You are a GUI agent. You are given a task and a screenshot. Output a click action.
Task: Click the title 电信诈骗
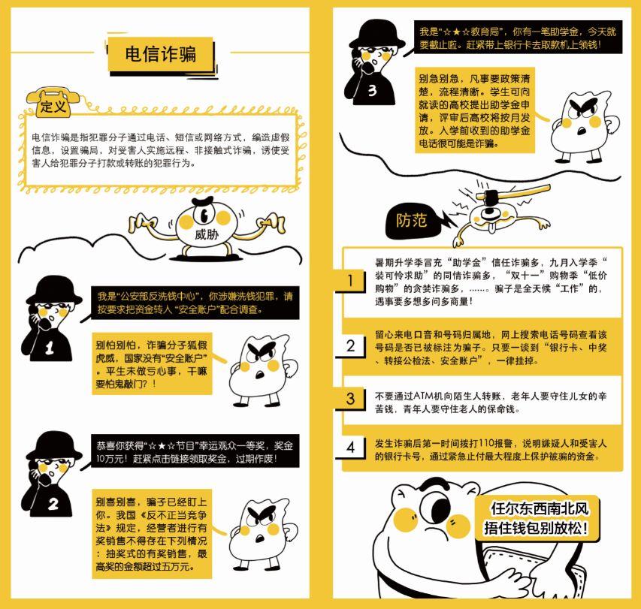tap(161, 54)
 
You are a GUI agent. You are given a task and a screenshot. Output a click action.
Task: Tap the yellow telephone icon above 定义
tap(53, 102)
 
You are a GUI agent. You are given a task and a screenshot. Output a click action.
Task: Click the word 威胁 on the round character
tap(207, 234)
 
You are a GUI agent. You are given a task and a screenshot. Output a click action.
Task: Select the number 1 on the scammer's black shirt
tap(50, 348)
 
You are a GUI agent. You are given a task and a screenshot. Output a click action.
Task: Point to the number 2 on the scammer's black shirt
tap(53, 504)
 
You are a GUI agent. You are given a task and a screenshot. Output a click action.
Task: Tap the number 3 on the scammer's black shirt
tap(372, 90)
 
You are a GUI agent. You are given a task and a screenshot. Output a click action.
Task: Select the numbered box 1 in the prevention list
tap(350, 281)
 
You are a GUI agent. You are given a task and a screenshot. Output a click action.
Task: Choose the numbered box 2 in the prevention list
tap(350, 346)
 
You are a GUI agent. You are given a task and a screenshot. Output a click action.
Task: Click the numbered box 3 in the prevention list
tap(350, 398)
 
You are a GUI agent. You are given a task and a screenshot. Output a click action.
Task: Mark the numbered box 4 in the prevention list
tap(350, 447)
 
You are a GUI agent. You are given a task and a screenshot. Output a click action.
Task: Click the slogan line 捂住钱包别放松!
tap(536, 528)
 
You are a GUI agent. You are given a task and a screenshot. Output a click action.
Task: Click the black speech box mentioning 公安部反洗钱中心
tap(195, 303)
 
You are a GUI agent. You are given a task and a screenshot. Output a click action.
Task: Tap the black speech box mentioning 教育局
tap(518, 38)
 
